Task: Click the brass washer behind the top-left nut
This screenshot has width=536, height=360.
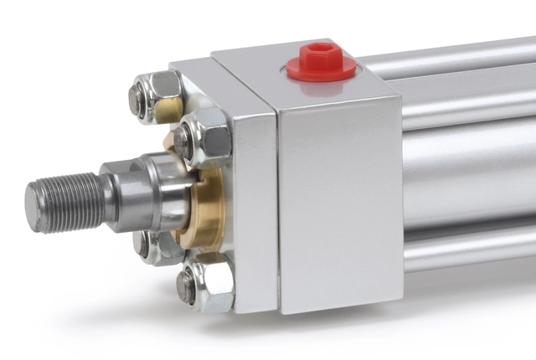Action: click(x=172, y=109)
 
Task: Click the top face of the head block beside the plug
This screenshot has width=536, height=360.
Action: click(x=251, y=63)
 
